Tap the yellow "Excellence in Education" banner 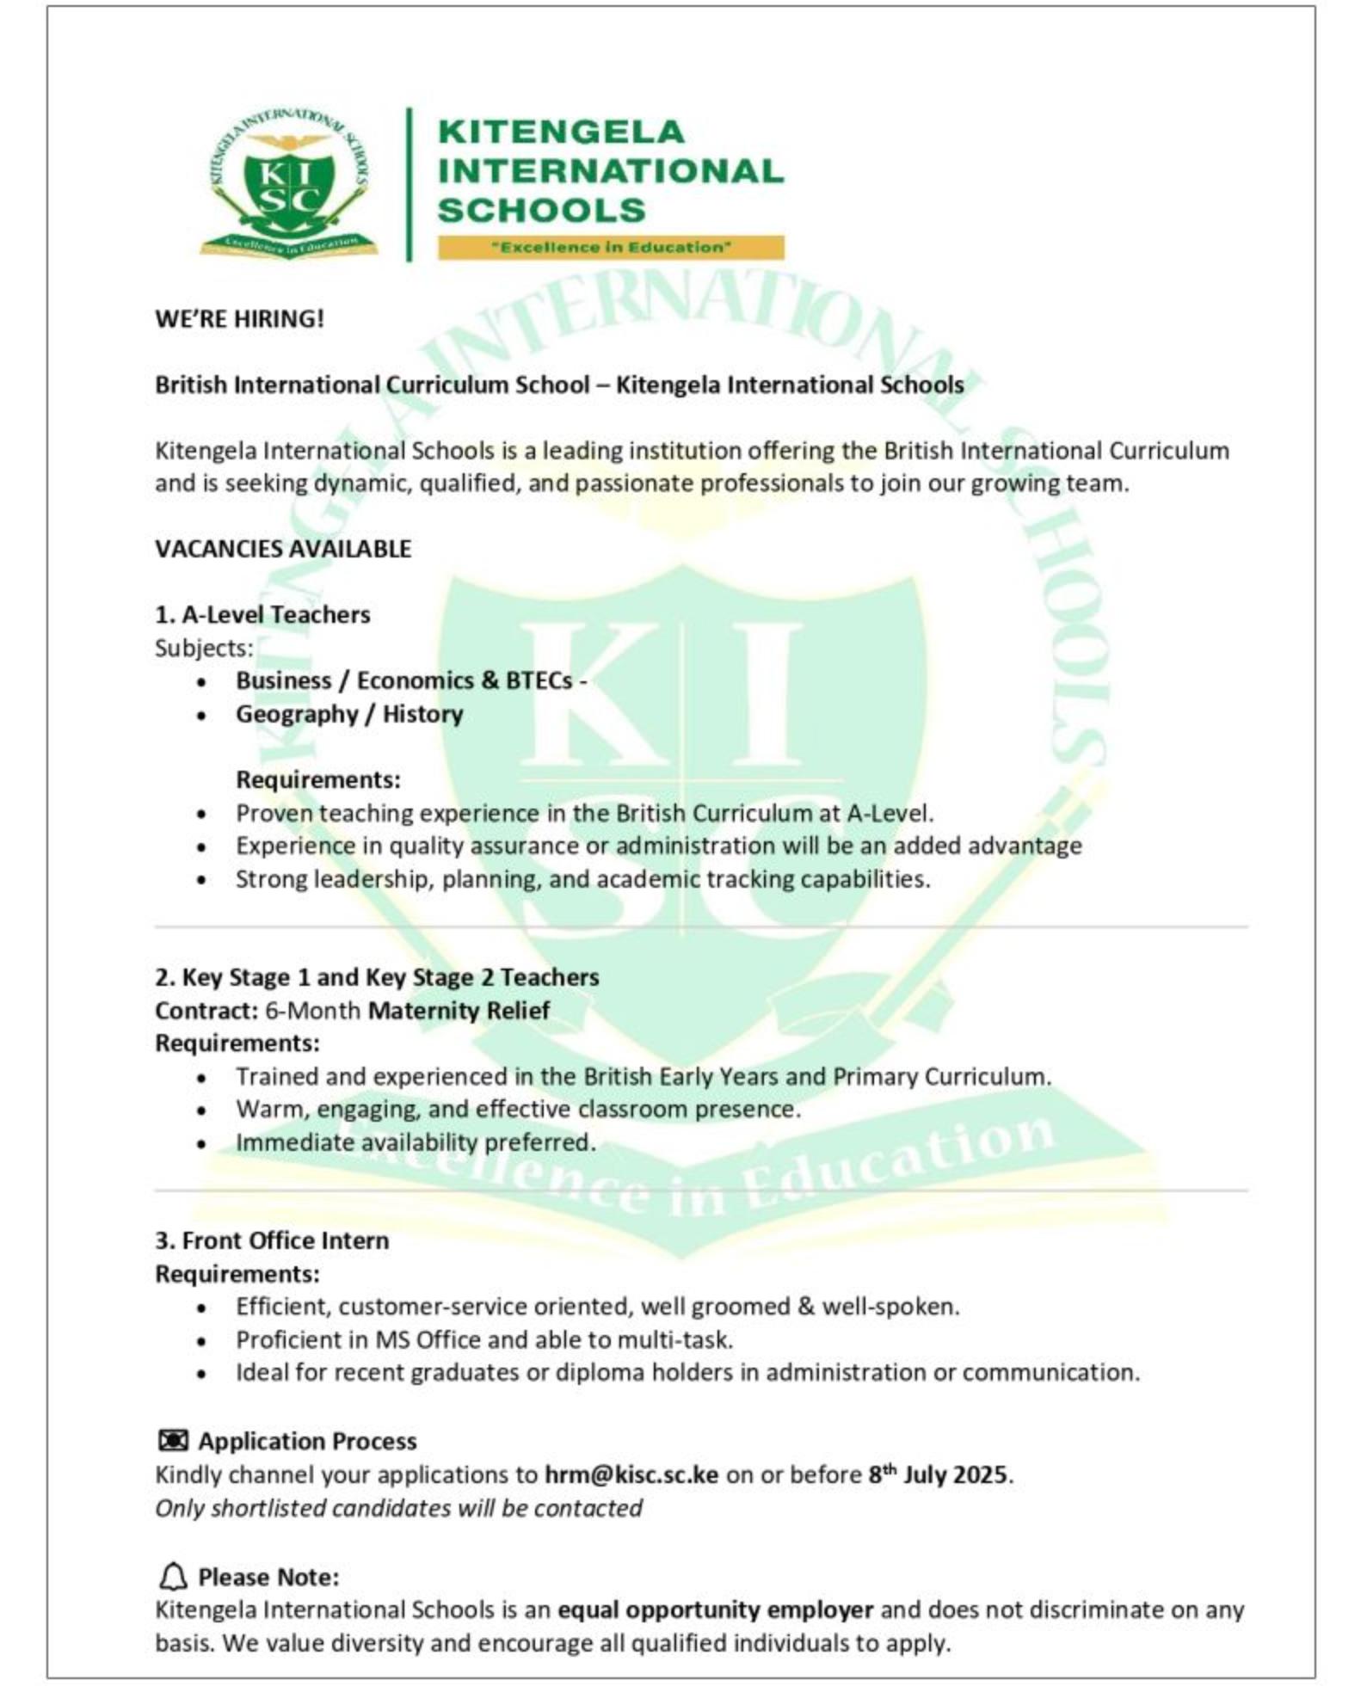click(610, 248)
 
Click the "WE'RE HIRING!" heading click(239, 319)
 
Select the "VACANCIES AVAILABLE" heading click(283, 549)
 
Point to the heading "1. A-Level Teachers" click(262, 615)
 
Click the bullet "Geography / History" click(349, 714)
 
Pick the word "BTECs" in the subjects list click(539, 681)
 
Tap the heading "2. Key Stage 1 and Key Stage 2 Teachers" click(377, 977)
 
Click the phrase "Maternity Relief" click(459, 1010)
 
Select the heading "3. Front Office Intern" click(272, 1240)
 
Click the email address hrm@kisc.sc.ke click(631, 1474)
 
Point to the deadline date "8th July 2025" click(937, 1474)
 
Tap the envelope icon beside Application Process click(173, 1441)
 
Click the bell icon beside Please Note click(173, 1577)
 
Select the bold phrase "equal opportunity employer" click(715, 1609)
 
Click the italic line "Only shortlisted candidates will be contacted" click(398, 1508)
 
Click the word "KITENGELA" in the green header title click(561, 132)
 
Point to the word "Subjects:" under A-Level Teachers click(204, 648)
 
